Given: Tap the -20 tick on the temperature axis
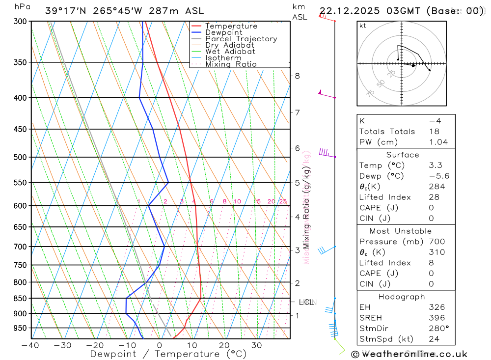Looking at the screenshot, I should [95, 345].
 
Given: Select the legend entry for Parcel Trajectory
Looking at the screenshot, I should [241, 39].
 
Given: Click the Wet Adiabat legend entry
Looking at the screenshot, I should [230, 52].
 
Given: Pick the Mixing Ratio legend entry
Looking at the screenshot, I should [231, 64].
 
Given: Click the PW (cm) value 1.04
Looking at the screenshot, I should [438, 142].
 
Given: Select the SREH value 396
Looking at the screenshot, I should [436, 318].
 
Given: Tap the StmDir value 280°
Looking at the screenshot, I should [438, 329].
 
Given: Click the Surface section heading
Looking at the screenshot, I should [402, 155].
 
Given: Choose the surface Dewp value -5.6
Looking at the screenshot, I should [438, 176].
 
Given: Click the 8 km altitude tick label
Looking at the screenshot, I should [297, 76].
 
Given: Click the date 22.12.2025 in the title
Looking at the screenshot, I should [348, 11].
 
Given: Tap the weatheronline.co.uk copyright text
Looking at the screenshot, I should [409, 354].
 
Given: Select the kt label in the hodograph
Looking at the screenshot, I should [362, 26].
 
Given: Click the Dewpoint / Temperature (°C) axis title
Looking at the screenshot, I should [168, 354].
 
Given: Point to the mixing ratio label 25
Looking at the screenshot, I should [283, 201].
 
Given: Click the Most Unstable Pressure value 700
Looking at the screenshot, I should [436, 242].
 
